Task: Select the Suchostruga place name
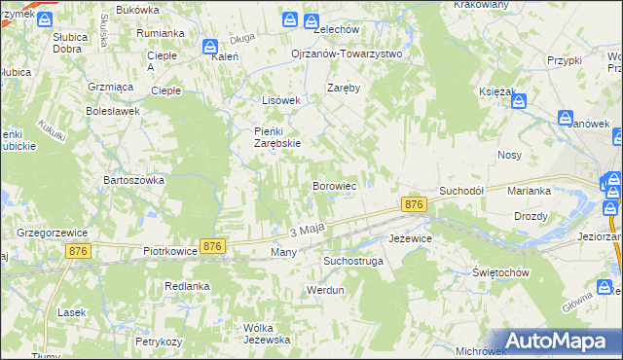tap(353, 261)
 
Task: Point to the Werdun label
tap(325, 290)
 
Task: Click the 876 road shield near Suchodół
tap(414, 204)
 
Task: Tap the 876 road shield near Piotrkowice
tap(213, 247)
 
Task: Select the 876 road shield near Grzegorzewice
tap(80, 251)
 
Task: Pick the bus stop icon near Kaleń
tap(210, 47)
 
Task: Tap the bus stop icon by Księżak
tap(519, 99)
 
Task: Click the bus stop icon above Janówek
tap(567, 118)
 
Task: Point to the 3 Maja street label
tap(306, 231)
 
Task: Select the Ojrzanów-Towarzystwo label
tap(347, 54)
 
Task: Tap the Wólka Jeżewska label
tap(268, 333)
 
